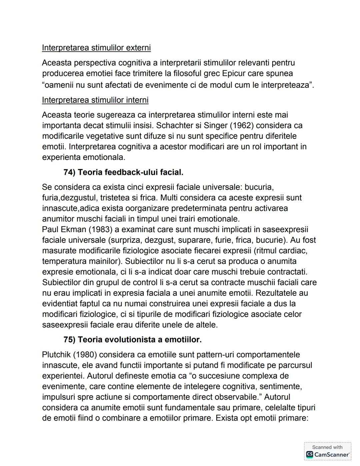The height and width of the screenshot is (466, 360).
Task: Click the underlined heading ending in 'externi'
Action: click(x=96, y=48)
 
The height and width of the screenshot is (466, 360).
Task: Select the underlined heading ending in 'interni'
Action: click(x=95, y=100)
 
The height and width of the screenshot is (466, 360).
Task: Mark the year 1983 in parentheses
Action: click(x=94, y=229)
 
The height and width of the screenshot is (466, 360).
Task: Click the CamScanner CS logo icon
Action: click(x=309, y=455)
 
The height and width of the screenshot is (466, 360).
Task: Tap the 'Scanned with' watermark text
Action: click(x=327, y=447)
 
